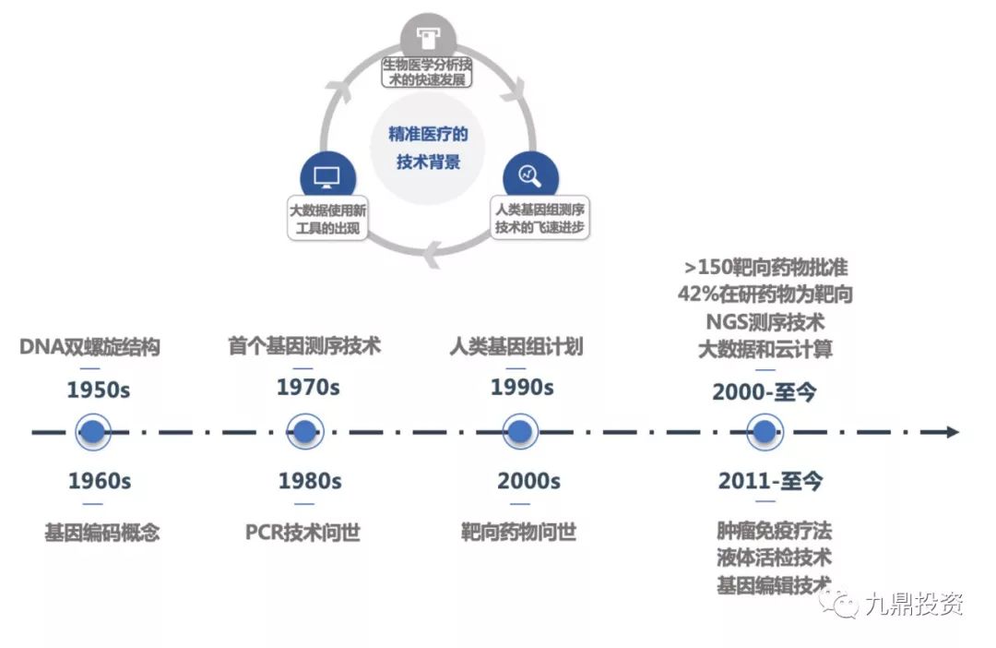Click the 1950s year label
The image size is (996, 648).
(99, 390)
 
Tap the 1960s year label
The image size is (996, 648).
(99, 481)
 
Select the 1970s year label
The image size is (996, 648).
(308, 387)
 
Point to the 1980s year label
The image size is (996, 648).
(310, 481)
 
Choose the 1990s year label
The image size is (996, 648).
(522, 387)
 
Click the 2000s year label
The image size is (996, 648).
(528, 481)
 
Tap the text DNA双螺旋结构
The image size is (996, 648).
(90, 348)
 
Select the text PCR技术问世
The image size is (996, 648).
(302, 533)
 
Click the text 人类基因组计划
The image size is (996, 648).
(516, 348)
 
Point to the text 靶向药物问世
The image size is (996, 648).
(519, 533)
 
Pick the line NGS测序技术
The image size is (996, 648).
(765, 323)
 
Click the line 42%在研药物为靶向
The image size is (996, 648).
(765, 295)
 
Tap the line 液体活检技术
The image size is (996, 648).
(773, 558)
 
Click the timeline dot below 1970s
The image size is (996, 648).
(304, 431)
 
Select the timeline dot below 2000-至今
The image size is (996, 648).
(763, 431)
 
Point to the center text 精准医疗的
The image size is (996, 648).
(428, 135)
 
